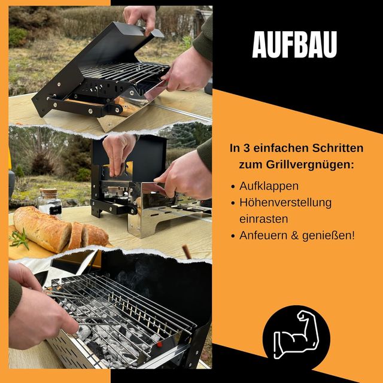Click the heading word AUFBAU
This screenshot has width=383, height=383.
coord(294,44)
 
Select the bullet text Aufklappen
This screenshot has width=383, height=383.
coord(269,186)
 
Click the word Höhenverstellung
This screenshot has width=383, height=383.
coord(285,202)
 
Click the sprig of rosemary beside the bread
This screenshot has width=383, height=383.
coord(19,240)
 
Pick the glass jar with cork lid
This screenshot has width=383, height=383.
coord(50,203)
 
